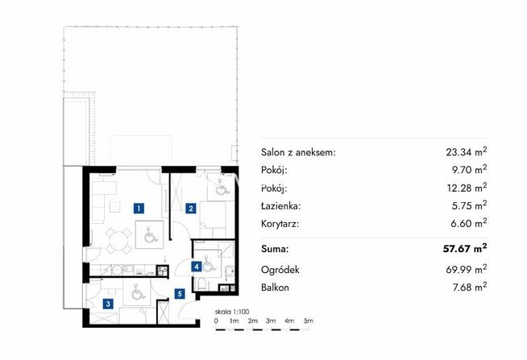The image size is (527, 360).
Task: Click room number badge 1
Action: (139, 209)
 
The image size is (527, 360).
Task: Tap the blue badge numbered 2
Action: (191, 209)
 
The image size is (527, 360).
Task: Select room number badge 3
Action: (108, 304)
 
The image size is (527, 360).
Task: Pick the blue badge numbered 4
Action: (197, 267)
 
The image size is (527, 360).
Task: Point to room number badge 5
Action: (180, 294)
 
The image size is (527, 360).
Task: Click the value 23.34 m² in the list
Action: (467, 151)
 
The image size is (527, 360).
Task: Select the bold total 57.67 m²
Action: (465, 249)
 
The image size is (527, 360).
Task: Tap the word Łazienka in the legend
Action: (280, 206)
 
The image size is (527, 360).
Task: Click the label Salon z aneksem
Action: (298, 152)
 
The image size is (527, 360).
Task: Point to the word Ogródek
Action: (280, 270)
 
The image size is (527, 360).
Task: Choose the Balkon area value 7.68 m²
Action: (470, 288)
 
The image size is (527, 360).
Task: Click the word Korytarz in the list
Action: (280, 224)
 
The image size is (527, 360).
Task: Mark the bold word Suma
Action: (275, 249)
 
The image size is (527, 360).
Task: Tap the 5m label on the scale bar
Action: (308, 321)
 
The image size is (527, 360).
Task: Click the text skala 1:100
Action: (232, 312)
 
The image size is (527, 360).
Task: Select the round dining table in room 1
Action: (118, 241)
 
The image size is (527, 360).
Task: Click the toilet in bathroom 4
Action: (202, 284)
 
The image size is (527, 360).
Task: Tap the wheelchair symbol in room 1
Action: (150, 234)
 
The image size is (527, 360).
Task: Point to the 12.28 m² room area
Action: (467, 188)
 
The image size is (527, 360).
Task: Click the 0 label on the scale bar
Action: (216, 321)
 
